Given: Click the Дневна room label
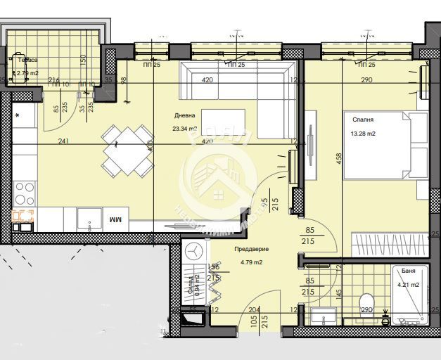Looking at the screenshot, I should tap(185, 117).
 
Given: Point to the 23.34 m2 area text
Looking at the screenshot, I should tap(185, 129).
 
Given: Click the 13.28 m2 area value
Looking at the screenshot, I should tap(363, 133).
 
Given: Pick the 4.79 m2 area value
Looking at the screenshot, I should tap(251, 263).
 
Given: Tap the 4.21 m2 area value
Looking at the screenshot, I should tap(409, 285).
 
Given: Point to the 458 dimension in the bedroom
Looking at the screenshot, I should tap(340, 166).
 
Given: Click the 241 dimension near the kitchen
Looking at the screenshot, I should tap(64, 141).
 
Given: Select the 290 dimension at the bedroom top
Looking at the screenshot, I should tap(366, 80).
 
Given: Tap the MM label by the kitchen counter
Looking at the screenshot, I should tap(115, 220).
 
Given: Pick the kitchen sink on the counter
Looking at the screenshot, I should tap(24, 217).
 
